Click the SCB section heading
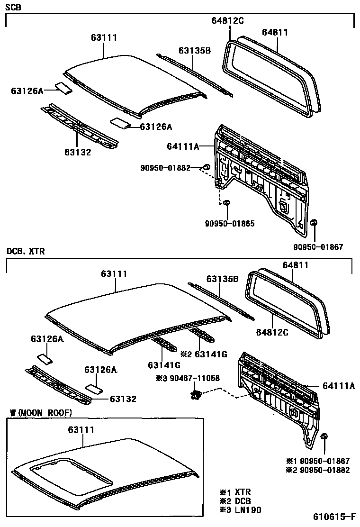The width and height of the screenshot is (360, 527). click(x=14, y=7)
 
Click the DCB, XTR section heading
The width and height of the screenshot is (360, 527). click(x=26, y=252)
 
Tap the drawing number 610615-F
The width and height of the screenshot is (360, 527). click(x=334, y=517)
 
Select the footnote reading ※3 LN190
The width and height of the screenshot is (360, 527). click(x=240, y=509)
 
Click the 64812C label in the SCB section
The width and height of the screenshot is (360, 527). click(x=227, y=20)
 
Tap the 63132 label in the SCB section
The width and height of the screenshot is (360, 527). click(x=78, y=152)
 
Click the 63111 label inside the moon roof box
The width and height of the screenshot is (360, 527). click(x=81, y=430)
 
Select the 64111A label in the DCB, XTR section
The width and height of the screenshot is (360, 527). click(x=338, y=386)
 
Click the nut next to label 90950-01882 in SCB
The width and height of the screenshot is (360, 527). click(x=207, y=167)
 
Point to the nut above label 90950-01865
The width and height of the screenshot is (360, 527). click(x=226, y=203)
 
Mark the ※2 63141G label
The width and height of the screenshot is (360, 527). click(x=204, y=354)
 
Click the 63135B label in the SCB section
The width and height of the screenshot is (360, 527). click(x=194, y=51)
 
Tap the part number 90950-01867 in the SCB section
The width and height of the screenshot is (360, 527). click(x=318, y=246)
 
